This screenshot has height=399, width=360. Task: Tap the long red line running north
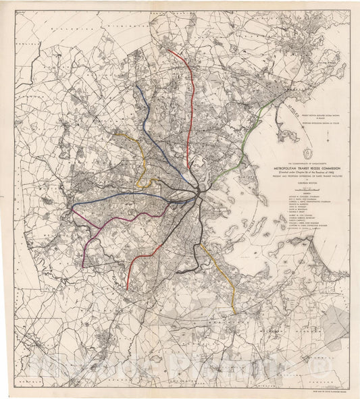coord(192,88)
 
